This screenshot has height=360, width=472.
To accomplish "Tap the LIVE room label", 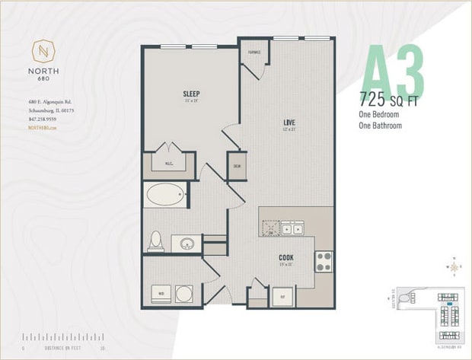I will point(289,122).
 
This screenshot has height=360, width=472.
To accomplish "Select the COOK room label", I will point(285,257).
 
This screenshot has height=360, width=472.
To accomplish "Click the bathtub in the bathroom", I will point(165,195).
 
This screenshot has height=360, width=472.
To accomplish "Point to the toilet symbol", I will point(156,241).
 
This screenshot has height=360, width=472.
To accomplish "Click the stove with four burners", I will point(324,261).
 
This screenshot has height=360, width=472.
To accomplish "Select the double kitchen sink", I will point(291,228).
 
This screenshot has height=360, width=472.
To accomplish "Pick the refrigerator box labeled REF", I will point(282,296).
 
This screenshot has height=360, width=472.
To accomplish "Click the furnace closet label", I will point(254,53).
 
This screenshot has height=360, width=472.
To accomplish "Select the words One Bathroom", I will point(380,126).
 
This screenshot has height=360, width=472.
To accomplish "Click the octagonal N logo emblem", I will point(44,53).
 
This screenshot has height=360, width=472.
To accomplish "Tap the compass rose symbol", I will point(454,266).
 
